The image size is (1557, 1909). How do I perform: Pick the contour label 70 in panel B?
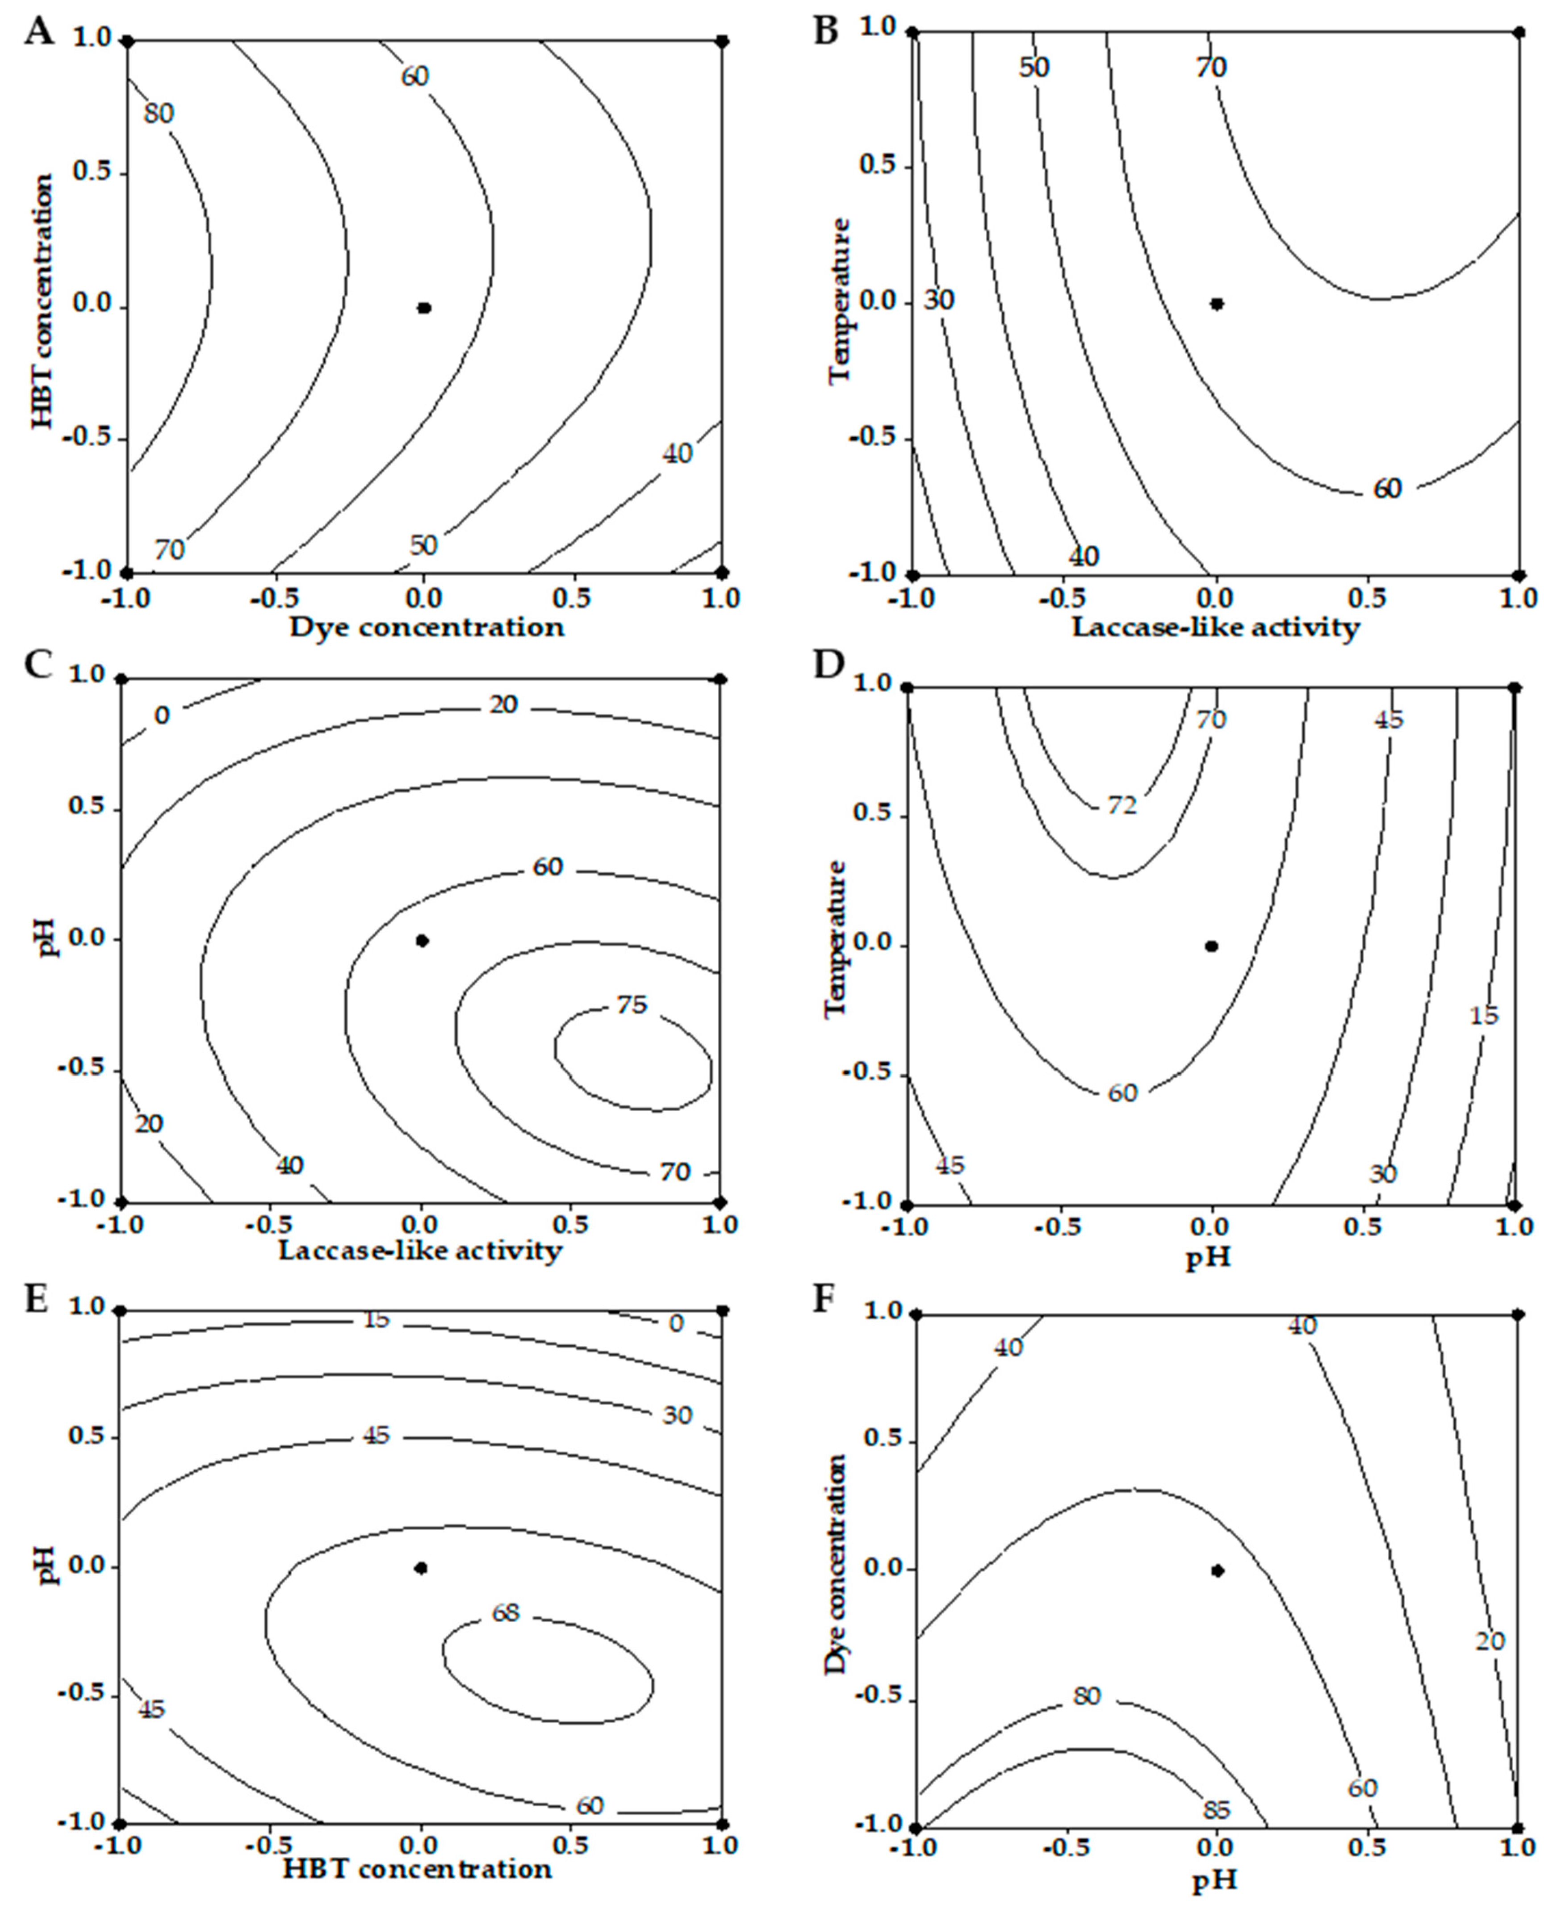click(x=1211, y=67)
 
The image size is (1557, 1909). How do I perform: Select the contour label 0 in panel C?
click(x=161, y=715)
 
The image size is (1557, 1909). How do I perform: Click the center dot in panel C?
click(x=423, y=941)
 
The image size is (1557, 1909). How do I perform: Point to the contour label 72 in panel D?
click(x=1121, y=805)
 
